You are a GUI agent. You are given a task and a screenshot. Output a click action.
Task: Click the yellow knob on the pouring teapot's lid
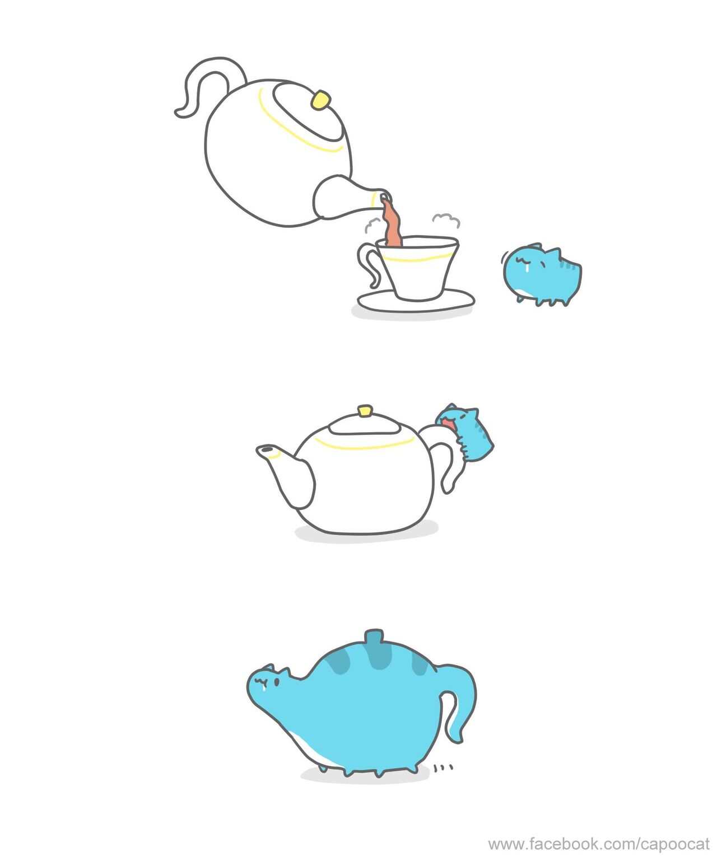321,100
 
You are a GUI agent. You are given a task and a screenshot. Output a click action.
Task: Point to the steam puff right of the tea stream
445,219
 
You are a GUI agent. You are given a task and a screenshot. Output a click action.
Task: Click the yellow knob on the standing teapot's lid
365,411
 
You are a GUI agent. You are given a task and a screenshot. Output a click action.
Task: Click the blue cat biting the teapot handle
465,433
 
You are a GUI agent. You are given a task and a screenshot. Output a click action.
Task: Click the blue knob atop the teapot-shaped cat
374,636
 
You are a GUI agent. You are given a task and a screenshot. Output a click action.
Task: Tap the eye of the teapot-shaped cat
276,682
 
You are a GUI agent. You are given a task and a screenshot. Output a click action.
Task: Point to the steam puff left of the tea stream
373,225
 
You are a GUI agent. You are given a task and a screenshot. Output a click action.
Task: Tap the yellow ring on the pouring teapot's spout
373,200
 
